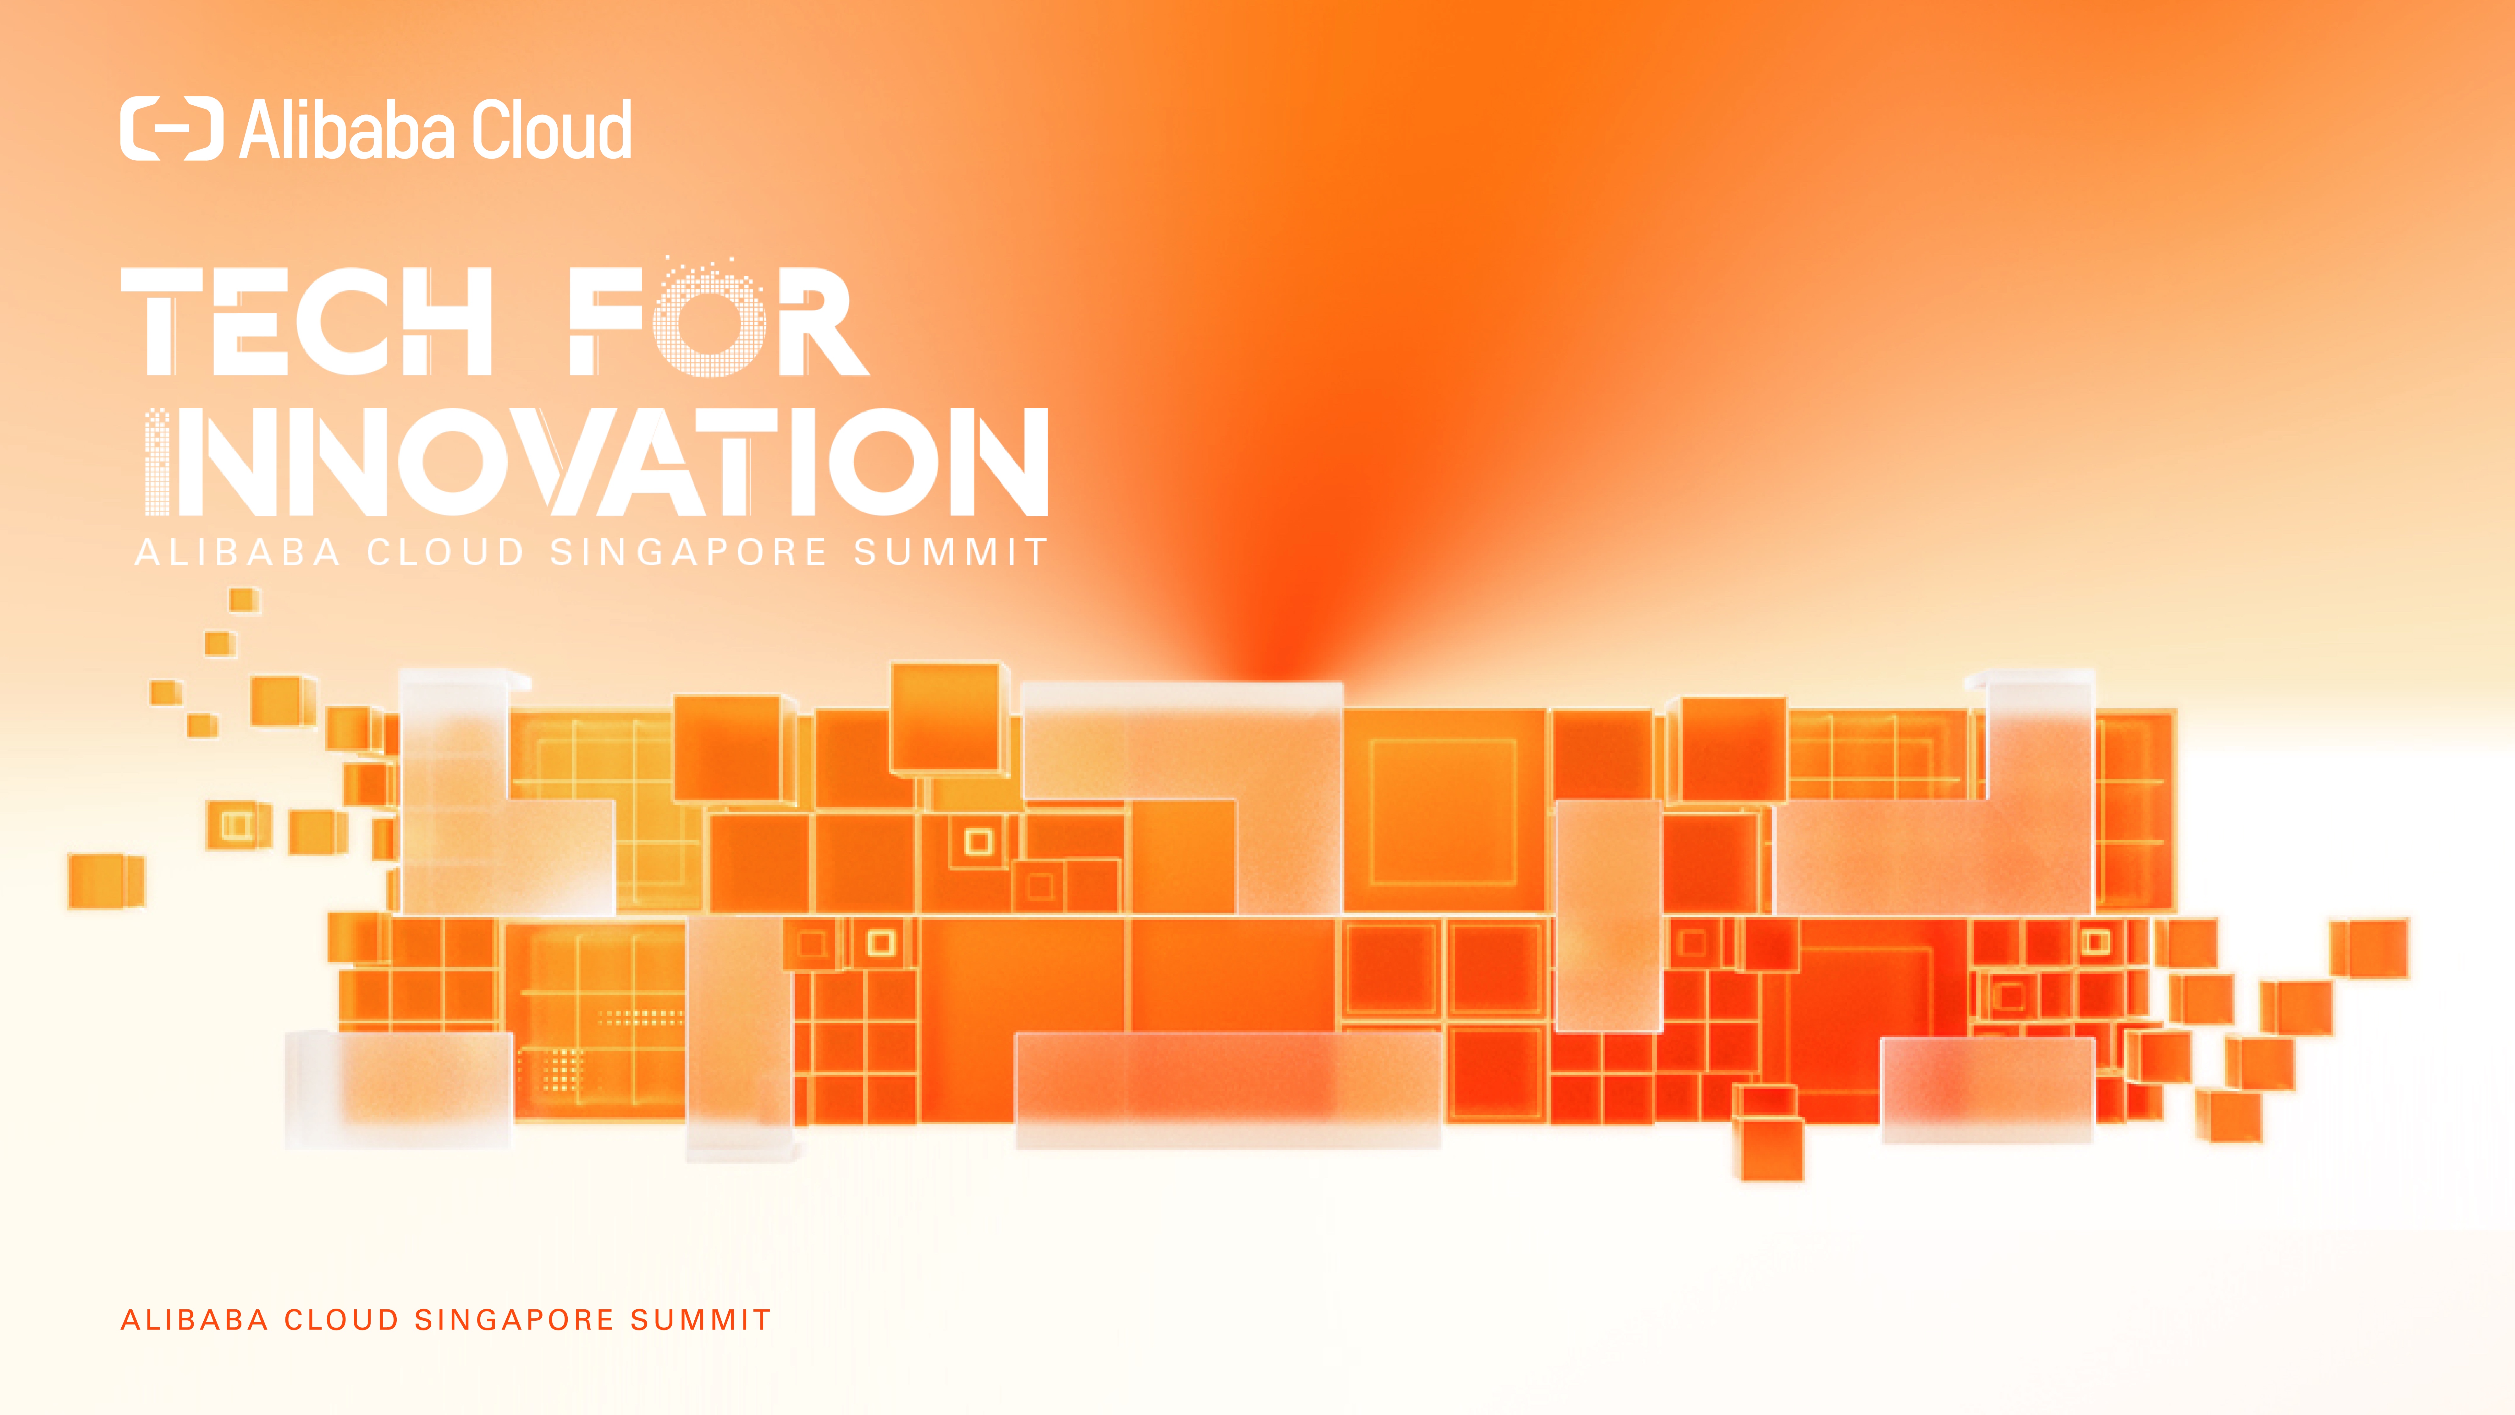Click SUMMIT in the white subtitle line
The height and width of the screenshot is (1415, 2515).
(x=950, y=553)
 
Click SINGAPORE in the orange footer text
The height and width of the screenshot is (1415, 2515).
(x=515, y=1320)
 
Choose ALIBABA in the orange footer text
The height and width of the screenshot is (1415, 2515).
(x=194, y=1320)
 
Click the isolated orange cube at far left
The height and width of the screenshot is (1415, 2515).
(x=107, y=881)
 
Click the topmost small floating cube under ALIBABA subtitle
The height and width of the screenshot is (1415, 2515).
(x=244, y=600)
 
